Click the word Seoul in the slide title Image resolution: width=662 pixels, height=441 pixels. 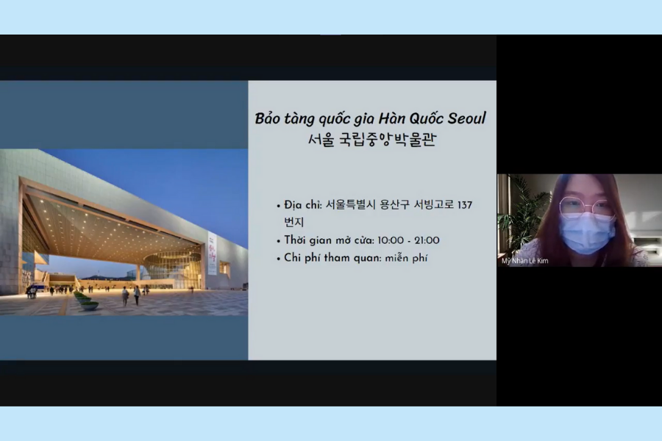tap(466, 118)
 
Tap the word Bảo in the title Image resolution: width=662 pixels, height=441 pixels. tap(268, 118)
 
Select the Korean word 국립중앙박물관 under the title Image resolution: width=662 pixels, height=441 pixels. tap(387, 140)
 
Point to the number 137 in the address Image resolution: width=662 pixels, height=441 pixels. tap(465, 205)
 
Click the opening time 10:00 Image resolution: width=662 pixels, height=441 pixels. tap(391, 240)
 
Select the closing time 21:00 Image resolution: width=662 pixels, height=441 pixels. tap(427, 240)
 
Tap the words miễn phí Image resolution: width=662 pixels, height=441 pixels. tap(406, 258)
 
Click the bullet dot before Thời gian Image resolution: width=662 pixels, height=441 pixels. tap(279, 242)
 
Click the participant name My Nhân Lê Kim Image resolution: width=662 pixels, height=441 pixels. tap(524, 261)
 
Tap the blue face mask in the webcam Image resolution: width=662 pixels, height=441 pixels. tap(586, 234)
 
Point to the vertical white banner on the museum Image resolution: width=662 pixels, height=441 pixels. tap(212, 253)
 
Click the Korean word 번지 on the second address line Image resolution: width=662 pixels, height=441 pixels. tap(293, 222)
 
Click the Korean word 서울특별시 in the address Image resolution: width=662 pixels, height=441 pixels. tap(350, 205)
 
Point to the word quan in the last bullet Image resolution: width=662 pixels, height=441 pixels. tap(367, 258)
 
